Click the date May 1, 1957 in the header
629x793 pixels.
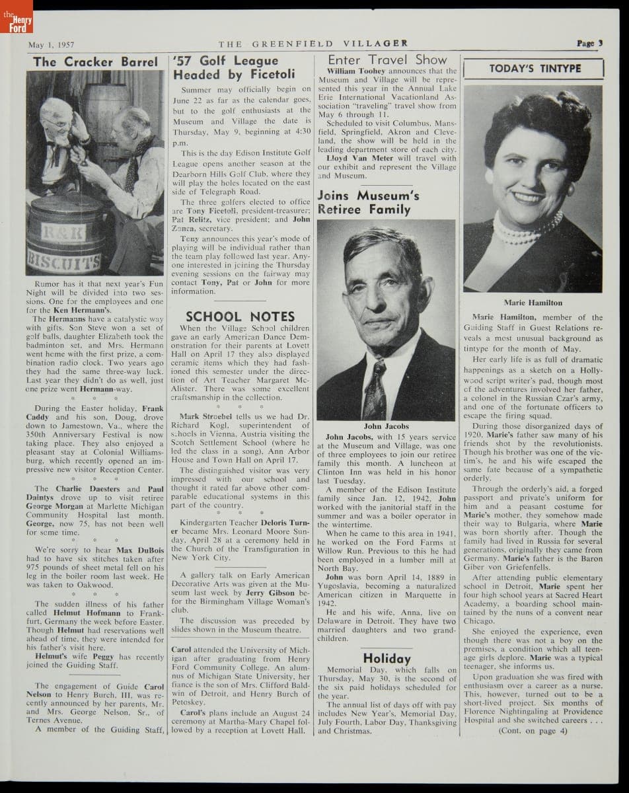[50, 45]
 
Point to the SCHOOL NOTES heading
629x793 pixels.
[239, 317]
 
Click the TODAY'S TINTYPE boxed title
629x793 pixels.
[535, 69]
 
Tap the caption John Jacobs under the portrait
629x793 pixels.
[387, 427]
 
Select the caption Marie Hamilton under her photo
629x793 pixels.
[533, 303]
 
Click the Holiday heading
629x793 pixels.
[387, 658]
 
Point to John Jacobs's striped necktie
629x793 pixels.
[378, 389]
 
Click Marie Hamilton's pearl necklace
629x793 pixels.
[526, 228]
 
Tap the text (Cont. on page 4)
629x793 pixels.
[533, 731]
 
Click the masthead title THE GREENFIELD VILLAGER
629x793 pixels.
[313, 44]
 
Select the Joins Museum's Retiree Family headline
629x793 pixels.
[368, 202]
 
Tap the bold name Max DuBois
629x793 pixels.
[133, 548]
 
